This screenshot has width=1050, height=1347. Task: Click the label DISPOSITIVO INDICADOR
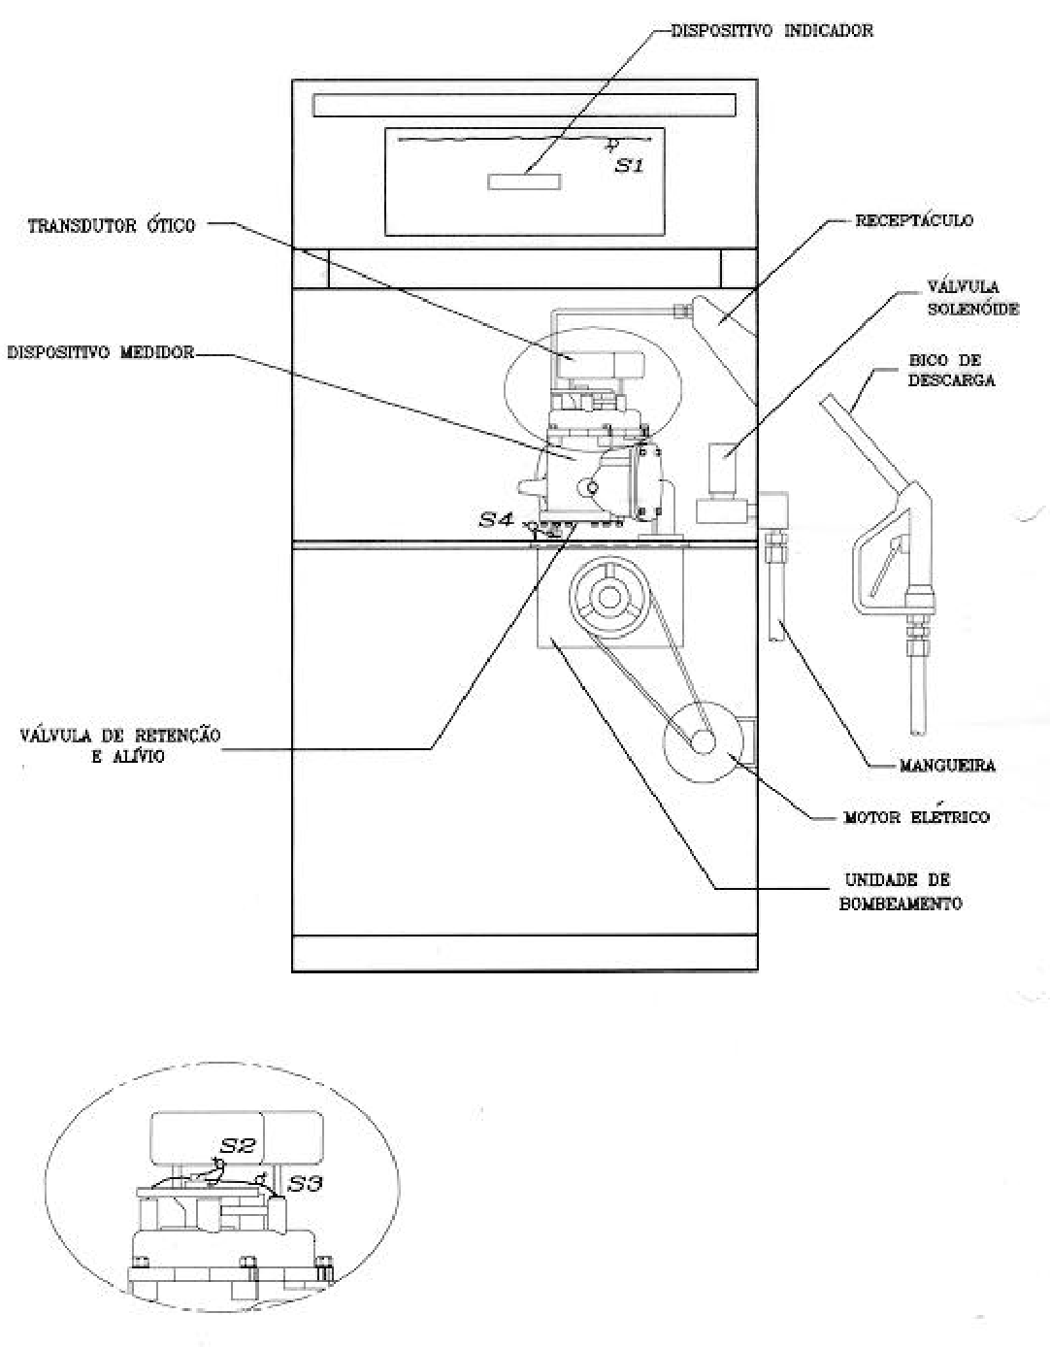coord(771,31)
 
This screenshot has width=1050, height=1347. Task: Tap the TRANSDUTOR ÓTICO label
coord(112,226)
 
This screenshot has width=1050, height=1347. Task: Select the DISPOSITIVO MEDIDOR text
coord(101,352)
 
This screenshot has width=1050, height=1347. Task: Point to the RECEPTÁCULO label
coord(913,220)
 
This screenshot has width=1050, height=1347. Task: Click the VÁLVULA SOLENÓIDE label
coord(972,298)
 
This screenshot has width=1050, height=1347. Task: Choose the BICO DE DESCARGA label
coord(952,370)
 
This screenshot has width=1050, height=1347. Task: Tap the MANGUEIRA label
coord(948,766)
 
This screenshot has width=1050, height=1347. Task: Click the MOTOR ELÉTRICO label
coord(917,817)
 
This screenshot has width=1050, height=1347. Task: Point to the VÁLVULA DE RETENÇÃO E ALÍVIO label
coord(120,745)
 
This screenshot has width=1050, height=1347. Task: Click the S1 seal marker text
coord(629,166)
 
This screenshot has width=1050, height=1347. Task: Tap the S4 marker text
coord(497,519)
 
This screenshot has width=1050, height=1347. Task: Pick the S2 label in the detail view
coord(238,1145)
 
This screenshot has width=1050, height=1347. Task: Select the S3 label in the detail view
coord(306,1183)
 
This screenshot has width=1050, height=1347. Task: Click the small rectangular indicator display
coord(524,181)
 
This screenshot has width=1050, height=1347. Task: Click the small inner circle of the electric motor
coord(703,741)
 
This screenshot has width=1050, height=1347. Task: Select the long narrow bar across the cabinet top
coord(524,105)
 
